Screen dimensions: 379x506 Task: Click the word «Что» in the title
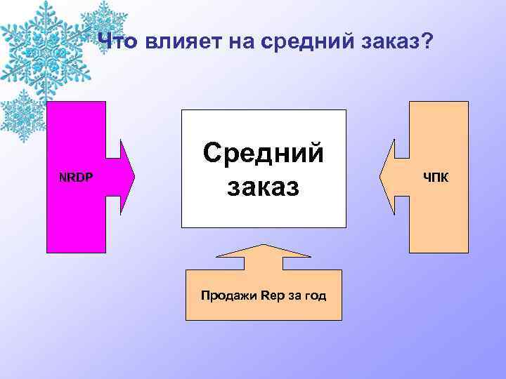click(x=119, y=43)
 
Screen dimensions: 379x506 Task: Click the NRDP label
click(x=75, y=176)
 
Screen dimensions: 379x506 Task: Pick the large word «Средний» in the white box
click(x=264, y=153)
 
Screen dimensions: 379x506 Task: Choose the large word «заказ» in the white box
click(x=263, y=187)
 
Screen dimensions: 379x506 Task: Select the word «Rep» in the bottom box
click(x=270, y=295)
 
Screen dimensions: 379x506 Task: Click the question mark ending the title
click(x=427, y=43)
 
